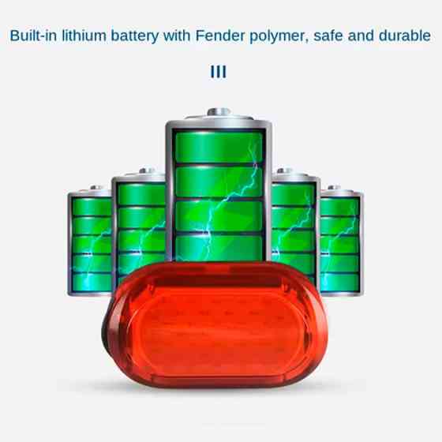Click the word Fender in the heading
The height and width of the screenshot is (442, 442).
pos(220,36)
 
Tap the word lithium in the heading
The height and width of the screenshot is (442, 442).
pos(84,36)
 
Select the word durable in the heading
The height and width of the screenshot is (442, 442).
pos(404,36)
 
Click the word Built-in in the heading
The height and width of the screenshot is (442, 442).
pos(33,36)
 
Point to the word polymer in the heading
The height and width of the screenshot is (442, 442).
pos(279,37)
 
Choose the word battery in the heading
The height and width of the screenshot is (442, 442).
pos(134,36)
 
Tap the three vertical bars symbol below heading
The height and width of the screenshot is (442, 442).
pos(219,72)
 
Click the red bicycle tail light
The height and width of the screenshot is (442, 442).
pos(215,324)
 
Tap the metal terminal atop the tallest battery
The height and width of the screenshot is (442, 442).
pos(219,112)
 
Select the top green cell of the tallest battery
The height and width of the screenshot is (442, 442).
pos(219,147)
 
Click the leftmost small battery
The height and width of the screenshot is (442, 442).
pos(90,240)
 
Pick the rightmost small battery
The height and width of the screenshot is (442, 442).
pos(341,240)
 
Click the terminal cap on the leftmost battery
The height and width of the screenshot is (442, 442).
pos(96,188)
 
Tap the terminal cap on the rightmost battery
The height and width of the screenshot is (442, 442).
pos(334,188)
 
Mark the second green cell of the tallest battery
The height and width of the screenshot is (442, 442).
pos(219,182)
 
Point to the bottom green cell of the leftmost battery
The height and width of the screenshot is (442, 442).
pos(92,283)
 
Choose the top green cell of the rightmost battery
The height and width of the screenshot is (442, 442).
pos(339,207)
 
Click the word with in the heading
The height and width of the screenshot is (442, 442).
pos(177,36)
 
